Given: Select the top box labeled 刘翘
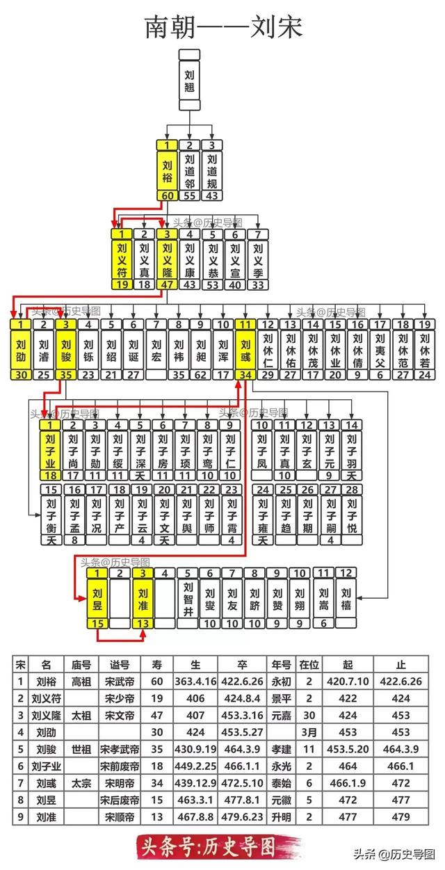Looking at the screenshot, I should click(x=190, y=80).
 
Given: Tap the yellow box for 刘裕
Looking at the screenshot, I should click(x=168, y=171).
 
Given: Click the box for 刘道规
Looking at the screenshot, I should click(x=212, y=171).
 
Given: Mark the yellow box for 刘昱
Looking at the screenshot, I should click(x=98, y=599).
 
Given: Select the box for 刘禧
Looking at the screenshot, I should click(x=346, y=597).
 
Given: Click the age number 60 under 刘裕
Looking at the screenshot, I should click(x=168, y=196).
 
